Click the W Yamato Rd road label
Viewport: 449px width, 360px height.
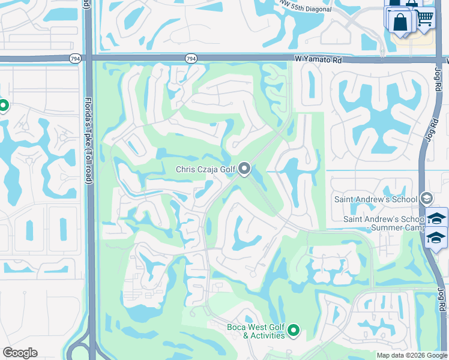[x=318, y=59]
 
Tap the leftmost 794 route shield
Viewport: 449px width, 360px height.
[x=75, y=59]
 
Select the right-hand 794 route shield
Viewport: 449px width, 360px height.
[x=190, y=59]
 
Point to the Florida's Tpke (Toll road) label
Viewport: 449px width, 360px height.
[x=88, y=140]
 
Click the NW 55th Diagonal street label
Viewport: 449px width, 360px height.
[x=306, y=7]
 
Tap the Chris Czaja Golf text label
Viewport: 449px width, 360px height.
[x=205, y=170]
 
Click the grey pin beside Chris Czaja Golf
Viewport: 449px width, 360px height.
[x=244, y=169]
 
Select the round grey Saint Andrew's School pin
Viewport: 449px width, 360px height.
[x=426, y=198]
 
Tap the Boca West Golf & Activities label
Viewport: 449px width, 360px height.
[x=256, y=331]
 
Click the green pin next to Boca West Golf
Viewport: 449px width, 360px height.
[x=294, y=329]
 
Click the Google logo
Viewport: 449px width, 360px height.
[x=20, y=353]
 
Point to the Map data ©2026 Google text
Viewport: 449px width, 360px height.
[x=411, y=355]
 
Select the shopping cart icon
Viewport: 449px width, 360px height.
[x=426, y=20]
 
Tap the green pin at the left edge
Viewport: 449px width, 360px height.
[x=3, y=106]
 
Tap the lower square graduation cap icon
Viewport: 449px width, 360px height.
[x=436, y=238]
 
